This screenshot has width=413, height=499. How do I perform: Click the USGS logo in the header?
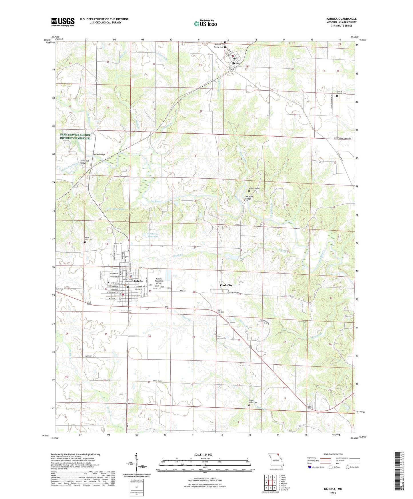(x=63, y=22)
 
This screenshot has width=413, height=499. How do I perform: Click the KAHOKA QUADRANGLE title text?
(x=341, y=19)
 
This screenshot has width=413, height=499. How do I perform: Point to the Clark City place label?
(x=226, y=285)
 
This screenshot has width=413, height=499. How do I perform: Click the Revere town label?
(x=237, y=63)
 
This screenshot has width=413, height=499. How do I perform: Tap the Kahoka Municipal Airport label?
(x=159, y=281)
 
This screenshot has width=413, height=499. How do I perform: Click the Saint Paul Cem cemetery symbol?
(x=85, y=242)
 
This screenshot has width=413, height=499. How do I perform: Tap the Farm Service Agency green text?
(x=75, y=137)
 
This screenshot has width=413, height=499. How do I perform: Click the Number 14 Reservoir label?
(x=152, y=235)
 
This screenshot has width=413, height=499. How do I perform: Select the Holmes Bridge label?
(x=99, y=154)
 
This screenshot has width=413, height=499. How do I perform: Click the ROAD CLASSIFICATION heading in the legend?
(x=333, y=454)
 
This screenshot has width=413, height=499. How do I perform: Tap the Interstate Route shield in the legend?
(x=310, y=467)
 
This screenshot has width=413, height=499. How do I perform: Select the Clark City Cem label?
(x=221, y=311)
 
